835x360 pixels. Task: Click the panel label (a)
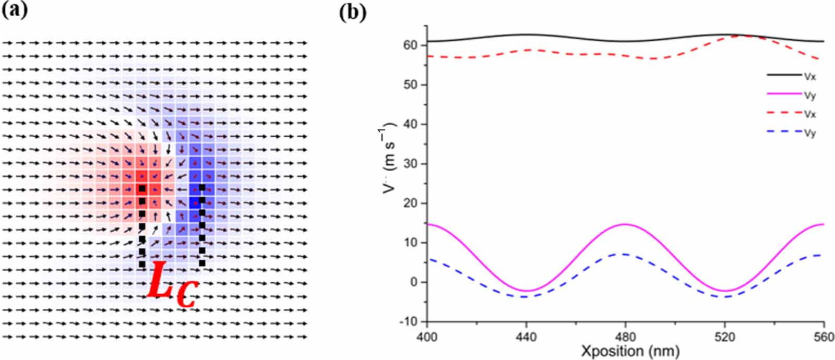[15, 10]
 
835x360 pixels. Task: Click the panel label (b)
[353, 11]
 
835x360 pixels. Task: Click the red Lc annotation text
[171, 285]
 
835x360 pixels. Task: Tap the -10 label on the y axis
[408, 321]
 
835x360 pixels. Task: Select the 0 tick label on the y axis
[415, 282]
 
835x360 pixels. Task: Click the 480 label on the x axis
[625, 337]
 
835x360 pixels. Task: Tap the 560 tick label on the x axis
[824, 337]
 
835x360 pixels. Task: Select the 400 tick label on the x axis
[427, 337]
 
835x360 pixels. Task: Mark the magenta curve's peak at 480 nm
[625, 224]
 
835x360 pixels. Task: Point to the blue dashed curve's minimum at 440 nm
[526, 297]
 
